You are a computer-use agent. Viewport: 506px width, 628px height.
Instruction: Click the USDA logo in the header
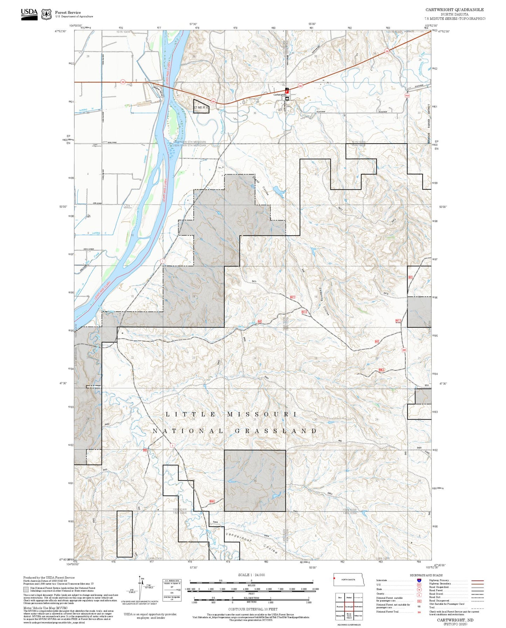pos(29,14)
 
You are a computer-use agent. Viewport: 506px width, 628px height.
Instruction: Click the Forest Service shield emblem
pos(46,14)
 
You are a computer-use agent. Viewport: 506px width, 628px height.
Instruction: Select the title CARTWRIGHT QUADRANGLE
pos(455,10)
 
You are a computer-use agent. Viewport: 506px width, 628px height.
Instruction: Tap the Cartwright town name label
pos(279,95)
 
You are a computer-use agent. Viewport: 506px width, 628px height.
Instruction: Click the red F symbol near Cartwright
pos(287,92)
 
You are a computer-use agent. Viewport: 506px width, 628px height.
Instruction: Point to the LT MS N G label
pos(201,107)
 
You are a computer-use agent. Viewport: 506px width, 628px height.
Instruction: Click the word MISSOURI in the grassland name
pos(262,414)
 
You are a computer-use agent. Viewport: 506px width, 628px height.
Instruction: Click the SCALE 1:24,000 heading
pos(251,575)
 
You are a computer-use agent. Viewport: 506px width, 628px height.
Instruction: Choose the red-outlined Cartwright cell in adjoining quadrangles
pos(349,607)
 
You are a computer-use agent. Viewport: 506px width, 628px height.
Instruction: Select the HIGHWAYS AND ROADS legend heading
pos(426,575)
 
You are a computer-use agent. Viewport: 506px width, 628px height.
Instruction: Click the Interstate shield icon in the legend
pos(420,580)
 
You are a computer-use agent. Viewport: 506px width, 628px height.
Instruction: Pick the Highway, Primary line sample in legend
pos(477,580)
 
